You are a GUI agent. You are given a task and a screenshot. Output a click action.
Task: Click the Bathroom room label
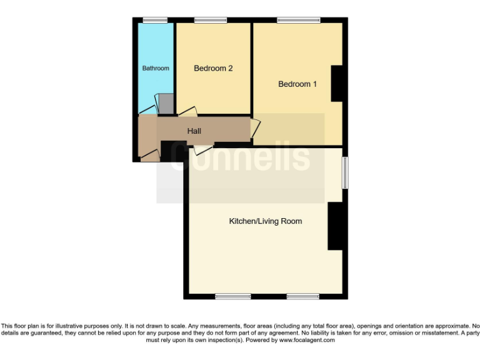156,68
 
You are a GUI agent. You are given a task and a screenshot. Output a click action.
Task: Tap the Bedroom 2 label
213,68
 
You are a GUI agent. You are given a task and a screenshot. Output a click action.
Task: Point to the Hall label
194,131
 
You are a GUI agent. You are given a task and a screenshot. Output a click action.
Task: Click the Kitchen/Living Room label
266,221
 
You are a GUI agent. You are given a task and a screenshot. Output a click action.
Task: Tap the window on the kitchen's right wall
344,171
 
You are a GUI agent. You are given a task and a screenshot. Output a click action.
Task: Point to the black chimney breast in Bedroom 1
337,83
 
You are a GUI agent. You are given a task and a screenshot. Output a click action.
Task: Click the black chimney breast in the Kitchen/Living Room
334,226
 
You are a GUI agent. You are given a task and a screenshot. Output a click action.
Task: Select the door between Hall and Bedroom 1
254,128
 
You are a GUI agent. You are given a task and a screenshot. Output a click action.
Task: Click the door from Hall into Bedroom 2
187,112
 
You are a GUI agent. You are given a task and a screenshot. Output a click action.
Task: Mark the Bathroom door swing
147,110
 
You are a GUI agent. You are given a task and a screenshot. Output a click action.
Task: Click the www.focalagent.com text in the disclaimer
306,341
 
